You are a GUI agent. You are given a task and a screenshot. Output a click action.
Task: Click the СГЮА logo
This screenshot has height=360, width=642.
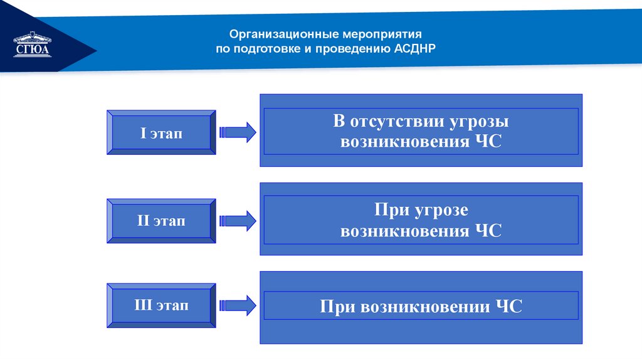(x=31, y=45)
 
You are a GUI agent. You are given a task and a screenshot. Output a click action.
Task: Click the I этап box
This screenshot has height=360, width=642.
(x=162, y=132)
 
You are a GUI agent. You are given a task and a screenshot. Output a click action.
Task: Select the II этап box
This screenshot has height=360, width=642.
(x=162, y=221)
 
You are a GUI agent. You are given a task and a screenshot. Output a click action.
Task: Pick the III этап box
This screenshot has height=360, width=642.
(x=162, y=305)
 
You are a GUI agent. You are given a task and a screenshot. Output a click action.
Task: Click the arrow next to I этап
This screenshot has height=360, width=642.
(x=238, y=132)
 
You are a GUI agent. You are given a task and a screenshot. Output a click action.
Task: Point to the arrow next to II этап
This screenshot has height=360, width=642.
(x=238, y=220)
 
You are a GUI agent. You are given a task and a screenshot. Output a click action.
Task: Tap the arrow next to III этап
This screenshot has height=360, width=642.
(x=238, y=305)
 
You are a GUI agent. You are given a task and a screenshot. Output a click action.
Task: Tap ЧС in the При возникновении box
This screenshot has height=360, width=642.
(x=508, y=307)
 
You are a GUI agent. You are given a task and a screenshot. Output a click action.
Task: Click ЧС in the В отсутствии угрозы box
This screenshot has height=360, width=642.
(x=488, y=141)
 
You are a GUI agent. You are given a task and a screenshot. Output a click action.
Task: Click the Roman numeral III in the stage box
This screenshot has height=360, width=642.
(x=143, y=305)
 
